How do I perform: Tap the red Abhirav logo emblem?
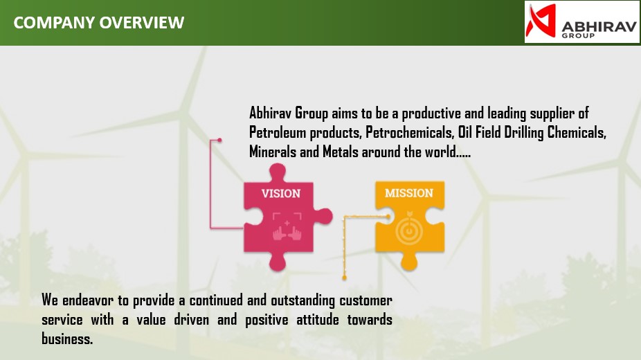tap(541, 21)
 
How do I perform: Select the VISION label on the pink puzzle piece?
tap(281, 193)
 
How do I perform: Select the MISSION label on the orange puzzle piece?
tap(409, 193)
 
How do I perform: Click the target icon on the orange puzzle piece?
tap(409, 230)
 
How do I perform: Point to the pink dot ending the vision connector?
tap(219, 140)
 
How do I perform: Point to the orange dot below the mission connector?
tap(344, 278)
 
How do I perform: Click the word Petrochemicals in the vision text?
tap(410, 132)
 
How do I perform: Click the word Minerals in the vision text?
tap(273, 152)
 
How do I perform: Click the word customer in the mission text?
tap(365, 300)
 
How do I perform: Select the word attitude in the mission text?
tap(318, 319)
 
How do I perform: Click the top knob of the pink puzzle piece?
tap(278, 172)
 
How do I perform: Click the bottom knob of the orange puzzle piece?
tap(409, 262)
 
